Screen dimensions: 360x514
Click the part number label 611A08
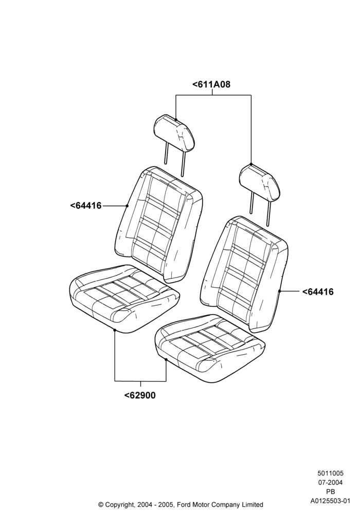[211, 85]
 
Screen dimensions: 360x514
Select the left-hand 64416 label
[86, 206]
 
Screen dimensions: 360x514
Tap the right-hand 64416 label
[318, 291]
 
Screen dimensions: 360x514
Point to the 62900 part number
[140, 395]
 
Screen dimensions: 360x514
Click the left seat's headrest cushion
[174, 134]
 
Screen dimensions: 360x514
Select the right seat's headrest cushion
[260, 182]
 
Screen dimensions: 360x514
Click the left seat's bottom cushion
[124, 298]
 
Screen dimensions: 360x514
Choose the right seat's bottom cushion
[210, 349]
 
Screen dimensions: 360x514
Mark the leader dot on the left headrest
[176, 119]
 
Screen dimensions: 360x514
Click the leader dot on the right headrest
[251, 164]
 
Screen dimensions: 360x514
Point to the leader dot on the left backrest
[127, 206]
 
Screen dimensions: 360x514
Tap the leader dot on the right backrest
[279, 291]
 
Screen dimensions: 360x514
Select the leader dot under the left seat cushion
[115, 331]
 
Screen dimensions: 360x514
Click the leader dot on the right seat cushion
[166, 360]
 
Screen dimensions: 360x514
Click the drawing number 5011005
[330, 473]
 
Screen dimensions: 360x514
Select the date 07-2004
[330, 482]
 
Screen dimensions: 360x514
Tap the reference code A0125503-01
[331, 501]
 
